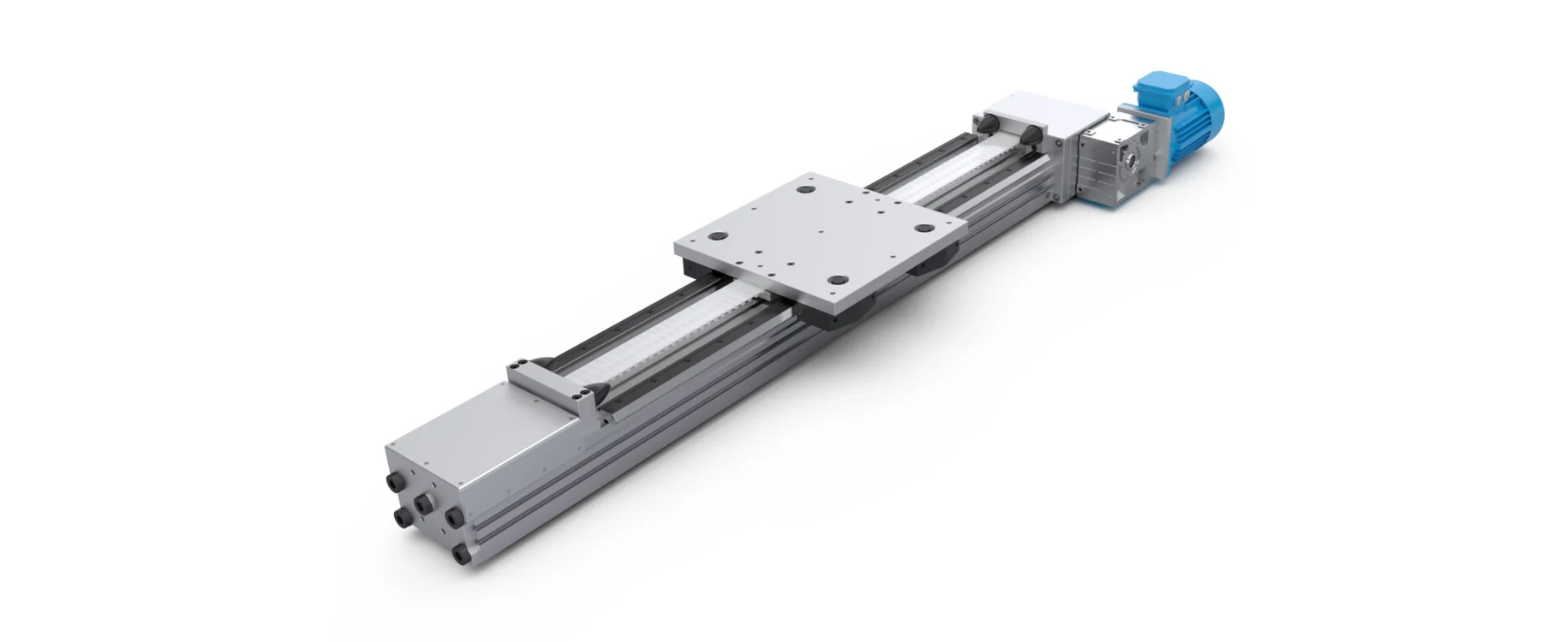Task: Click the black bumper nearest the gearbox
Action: point(1031,136)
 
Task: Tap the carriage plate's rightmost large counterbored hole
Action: point(923,229)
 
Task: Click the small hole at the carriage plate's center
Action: point(821,231)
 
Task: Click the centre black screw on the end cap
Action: point(422,506)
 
